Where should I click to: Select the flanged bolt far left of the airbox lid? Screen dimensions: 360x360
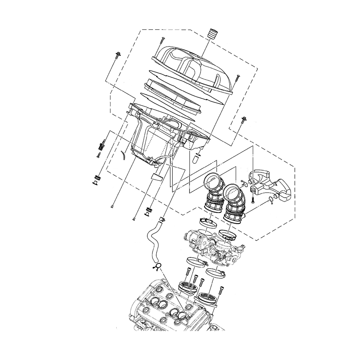point(118,55)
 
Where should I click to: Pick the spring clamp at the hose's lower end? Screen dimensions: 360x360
point(157,267)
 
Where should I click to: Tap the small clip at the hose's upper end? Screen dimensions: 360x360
point(162,218)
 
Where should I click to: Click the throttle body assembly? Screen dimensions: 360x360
point(212,245)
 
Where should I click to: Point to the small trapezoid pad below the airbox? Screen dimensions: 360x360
point(156,176)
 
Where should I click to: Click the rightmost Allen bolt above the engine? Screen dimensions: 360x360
point(221,289)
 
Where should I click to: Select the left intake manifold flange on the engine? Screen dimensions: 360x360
point(187,287)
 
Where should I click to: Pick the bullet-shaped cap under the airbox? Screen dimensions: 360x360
point(197,158)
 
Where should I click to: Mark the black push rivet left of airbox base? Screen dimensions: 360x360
point(101,146)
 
